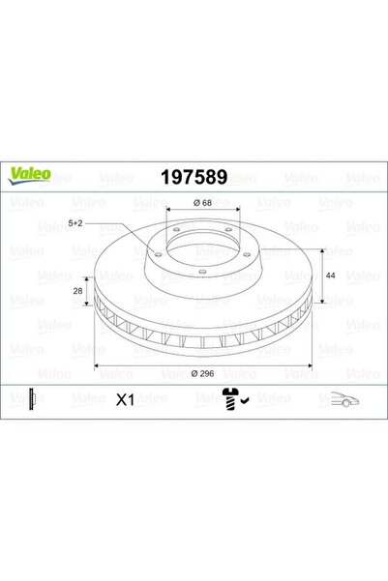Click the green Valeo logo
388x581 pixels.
(29, 175)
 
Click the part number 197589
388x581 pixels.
(194, 177)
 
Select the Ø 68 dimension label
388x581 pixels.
(202, 203)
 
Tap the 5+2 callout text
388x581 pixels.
(75, 223)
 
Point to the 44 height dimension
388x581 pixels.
(330, 276)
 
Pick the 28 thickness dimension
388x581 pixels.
(77, 291)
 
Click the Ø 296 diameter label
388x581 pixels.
(203, 373)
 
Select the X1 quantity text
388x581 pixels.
(126, 400)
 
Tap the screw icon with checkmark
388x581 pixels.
(235, 399)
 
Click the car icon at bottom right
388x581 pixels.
(344, 399)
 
